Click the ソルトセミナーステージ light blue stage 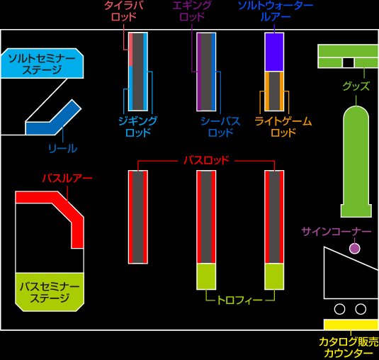(42, 63)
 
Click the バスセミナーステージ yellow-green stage (50, 292)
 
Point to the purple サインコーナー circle (355, 248)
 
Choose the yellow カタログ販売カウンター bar (351, 325)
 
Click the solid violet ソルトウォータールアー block (274, 52)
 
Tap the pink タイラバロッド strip (131, 50)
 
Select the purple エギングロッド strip (199, 72)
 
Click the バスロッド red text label (206, 160)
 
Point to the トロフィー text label (239, 300)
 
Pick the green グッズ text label (356, 86)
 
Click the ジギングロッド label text (138, 126)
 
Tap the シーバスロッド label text (220, 126)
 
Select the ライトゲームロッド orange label (283, 126)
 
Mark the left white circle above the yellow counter (339, 309)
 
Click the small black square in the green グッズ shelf (349, 62)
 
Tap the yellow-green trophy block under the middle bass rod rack (206, 276)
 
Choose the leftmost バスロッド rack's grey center (138, 217)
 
